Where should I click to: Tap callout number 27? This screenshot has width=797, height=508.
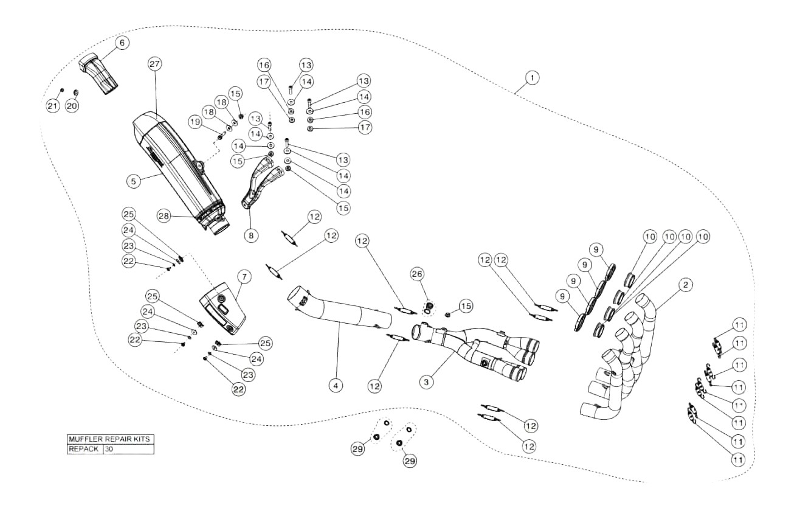153,66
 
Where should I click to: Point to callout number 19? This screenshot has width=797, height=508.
195,122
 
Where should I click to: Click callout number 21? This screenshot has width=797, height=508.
53,106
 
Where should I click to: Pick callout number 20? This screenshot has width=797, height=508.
73,106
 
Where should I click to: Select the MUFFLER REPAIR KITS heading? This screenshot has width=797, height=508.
110,439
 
